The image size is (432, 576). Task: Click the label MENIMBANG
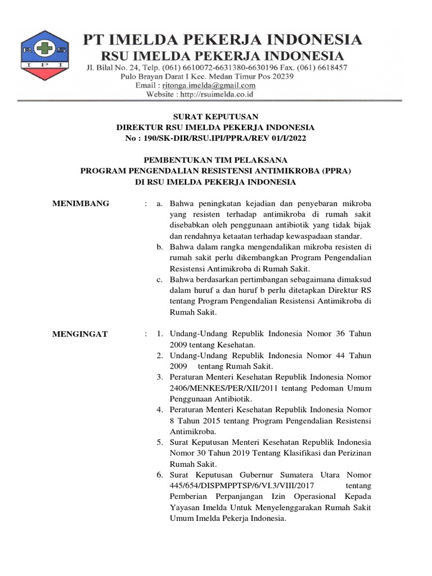(x=81, y=203)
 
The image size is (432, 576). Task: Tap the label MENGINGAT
(x=80, y=334)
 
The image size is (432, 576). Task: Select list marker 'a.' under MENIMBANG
(x=160, y=203)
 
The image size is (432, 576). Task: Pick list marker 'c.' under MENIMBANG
(x=160, y=280)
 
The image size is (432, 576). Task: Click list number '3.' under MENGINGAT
(x=160, y=377)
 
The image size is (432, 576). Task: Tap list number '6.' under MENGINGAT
(x=160, y=475)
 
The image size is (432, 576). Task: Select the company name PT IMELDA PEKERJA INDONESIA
(x=223, y=40)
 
